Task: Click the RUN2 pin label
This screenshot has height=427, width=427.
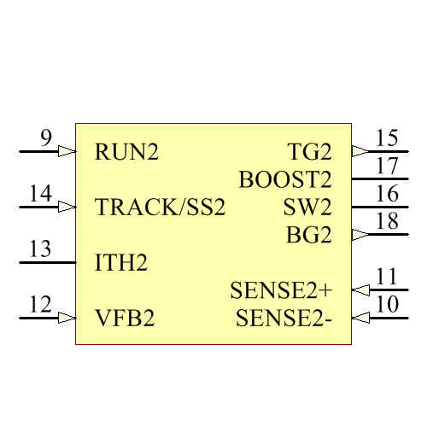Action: [127, 153]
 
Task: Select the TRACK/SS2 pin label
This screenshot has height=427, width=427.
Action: [161, 208]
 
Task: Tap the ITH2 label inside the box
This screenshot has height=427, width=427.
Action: [121, 263]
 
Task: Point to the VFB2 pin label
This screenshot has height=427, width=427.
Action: [125, 319]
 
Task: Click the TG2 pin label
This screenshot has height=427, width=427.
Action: [309, 153]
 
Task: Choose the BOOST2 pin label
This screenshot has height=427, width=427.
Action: [284, 180]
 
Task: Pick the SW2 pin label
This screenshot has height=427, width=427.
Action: [307, 208]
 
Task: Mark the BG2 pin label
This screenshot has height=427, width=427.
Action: [308, 235]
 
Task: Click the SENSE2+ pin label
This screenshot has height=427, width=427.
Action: [281, 290]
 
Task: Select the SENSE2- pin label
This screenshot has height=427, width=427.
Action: [284, 319]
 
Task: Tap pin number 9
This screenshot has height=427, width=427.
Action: [46, 137]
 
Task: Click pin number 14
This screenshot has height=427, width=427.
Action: [40, 193]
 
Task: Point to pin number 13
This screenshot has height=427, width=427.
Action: [40, 249]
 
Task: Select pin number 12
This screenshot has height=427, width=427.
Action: [40, 305]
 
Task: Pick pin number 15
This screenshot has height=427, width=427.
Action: [387, 137]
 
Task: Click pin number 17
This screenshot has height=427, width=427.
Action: [387, 166]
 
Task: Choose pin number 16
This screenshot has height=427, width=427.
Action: [387, 193]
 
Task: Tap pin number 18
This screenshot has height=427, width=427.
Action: [387, 221]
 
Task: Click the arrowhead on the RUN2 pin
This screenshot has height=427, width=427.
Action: [67, 151]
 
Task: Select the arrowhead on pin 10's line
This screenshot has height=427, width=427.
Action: [360, 318]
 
